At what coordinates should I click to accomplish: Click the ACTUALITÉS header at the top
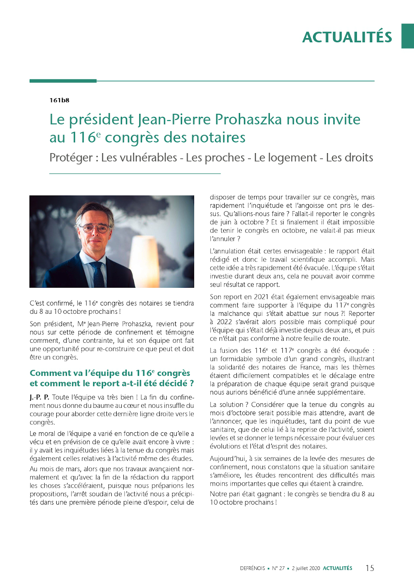click(x=347, y=37)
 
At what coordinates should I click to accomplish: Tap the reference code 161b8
click(x=59, y=100)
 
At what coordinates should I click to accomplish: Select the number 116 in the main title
click(x=83, y=137)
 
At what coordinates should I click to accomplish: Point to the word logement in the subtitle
click(x=285, y=158)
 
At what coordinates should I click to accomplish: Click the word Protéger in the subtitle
click(x=71, y=158)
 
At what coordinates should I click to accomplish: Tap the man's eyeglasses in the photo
click(x=96, y=228)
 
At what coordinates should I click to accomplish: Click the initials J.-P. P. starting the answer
click(x=39, y=397)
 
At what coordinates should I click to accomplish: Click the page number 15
click(x=370, y=568)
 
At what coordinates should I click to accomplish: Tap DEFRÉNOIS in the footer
click(x=252, y=568)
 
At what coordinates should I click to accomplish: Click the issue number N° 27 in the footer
click(x=278, y=568)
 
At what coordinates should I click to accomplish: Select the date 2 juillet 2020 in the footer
click(x=306, y=568)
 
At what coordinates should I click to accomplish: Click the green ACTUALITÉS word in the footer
click(x=337, y=568)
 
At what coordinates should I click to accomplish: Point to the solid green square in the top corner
click(x=407, y=36)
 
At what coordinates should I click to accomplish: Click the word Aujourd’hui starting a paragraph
click(x=227, y=459)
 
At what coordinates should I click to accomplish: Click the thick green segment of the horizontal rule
click(x=63, y=81)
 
